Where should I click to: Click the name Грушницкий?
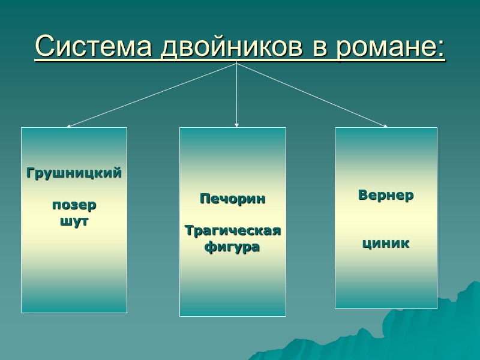(x=74, y=173)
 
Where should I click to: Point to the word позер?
(x=74, y=205)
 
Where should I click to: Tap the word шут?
(x=74, y=221)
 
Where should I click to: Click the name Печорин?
(x=232, y=199)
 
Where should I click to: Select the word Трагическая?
(x=232, y=231)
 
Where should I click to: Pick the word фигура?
(x=232, y=247)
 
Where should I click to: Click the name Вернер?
(x=386, y=196)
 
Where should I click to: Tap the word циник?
(x=386, y=244)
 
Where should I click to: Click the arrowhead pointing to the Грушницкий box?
(x=68, y=126)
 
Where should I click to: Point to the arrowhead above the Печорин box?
(x=237, y=125)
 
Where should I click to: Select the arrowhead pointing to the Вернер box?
(x=386, y=126)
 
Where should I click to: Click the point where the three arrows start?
(x=237, y=63)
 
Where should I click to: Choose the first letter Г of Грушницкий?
(x=30, y=173)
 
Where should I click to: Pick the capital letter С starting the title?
(x=44, y=46)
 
